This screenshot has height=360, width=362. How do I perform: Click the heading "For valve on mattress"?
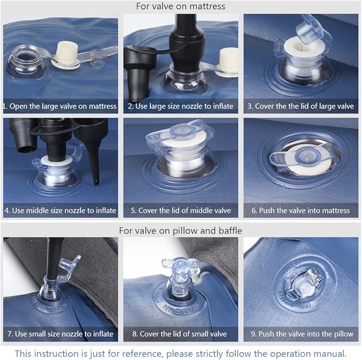click(181, 6)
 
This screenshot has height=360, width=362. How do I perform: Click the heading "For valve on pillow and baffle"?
click(181, 231)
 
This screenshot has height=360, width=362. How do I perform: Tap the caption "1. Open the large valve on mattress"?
click(60, 106)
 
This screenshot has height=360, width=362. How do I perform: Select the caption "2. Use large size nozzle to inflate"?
click(181, 106)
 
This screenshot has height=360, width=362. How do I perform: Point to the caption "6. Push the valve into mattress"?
click(301, 210)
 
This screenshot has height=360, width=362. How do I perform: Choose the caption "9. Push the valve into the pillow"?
click(302, 334)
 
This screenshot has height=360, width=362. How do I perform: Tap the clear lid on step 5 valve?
click(180, 133)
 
